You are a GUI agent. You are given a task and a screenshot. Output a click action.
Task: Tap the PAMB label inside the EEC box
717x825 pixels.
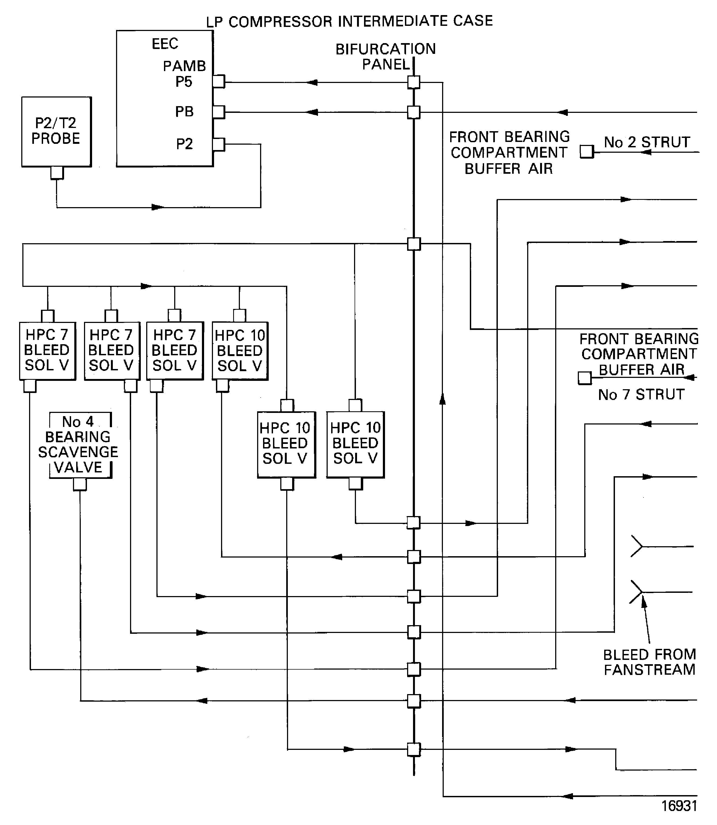184,66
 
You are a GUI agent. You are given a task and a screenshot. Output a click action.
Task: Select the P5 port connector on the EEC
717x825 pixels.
218,82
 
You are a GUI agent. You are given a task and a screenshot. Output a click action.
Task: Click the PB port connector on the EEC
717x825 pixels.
218,112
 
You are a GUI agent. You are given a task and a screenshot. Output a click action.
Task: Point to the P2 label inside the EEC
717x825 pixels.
184,144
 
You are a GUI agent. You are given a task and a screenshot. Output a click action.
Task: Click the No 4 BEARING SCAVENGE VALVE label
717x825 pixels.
78,444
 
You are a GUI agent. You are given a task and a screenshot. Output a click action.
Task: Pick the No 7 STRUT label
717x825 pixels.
641,395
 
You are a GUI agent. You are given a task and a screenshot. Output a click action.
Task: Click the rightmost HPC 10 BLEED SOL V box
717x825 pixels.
355,444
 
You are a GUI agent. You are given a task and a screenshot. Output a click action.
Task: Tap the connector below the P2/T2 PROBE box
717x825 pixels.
57,173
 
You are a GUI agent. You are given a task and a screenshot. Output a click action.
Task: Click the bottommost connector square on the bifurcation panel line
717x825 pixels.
414,749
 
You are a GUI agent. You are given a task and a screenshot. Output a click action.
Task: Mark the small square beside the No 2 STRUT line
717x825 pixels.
587,152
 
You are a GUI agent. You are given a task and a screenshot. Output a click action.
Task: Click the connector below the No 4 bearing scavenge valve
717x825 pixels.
80,484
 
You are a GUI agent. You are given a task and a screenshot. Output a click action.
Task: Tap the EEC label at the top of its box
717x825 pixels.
165,44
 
